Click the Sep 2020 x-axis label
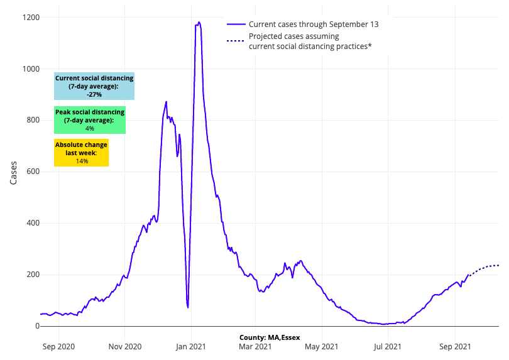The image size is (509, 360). (x=59, y=346)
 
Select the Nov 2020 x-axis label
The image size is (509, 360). (x=124, y=346)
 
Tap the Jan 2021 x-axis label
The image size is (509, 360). (x=190, y=346)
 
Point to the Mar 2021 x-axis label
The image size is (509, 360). (x=254, y=346)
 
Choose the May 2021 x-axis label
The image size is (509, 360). (x=320, y=346)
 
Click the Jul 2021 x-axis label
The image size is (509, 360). (x=386, y=346)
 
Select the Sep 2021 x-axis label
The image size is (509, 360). (x=454, y=346)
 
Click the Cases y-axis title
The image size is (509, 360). (x=14, y=172)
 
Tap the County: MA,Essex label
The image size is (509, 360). (x=270, y=337)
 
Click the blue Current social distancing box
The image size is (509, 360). (x=94, y=87)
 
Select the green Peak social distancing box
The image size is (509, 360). (x=90, y=120)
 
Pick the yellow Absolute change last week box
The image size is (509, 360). (x=81, y=153)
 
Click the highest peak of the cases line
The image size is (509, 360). (x=199, y=23)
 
